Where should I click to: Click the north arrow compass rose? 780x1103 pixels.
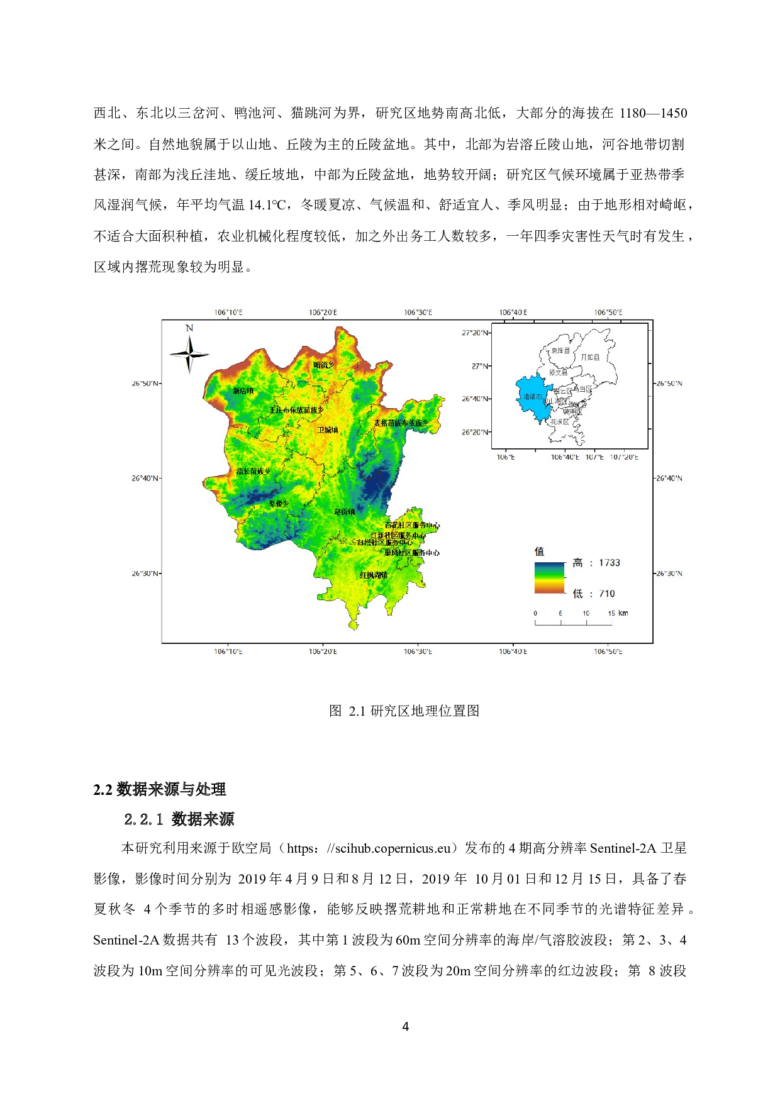click(189, 354)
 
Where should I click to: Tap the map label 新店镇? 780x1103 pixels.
click(243, 391)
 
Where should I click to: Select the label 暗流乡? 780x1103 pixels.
click(324, 365)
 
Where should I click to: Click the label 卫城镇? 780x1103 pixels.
click(328, 430)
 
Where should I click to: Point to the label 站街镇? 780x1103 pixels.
click(345, 512)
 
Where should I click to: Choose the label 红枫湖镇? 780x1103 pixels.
click(374, 575)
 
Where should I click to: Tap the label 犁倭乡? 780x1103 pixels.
click(279, 504)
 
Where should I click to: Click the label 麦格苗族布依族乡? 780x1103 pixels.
click(401, 423)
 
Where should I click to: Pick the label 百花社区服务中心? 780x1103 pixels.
click(412, 525)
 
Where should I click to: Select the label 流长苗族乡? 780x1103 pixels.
click(253, 472)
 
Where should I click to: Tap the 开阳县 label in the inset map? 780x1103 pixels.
click(590, 357)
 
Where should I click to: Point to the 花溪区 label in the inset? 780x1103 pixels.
click(559, 422)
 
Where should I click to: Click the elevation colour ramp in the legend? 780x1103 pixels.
click(550, 577)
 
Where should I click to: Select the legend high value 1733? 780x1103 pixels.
click(609, 563)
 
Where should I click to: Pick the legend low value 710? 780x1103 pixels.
click(606, 594)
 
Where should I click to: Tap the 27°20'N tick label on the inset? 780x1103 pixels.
click(475, 333)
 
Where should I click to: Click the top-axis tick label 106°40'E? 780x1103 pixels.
click(513, 313)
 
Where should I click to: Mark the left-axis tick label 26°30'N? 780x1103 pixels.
click(145, 574)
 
